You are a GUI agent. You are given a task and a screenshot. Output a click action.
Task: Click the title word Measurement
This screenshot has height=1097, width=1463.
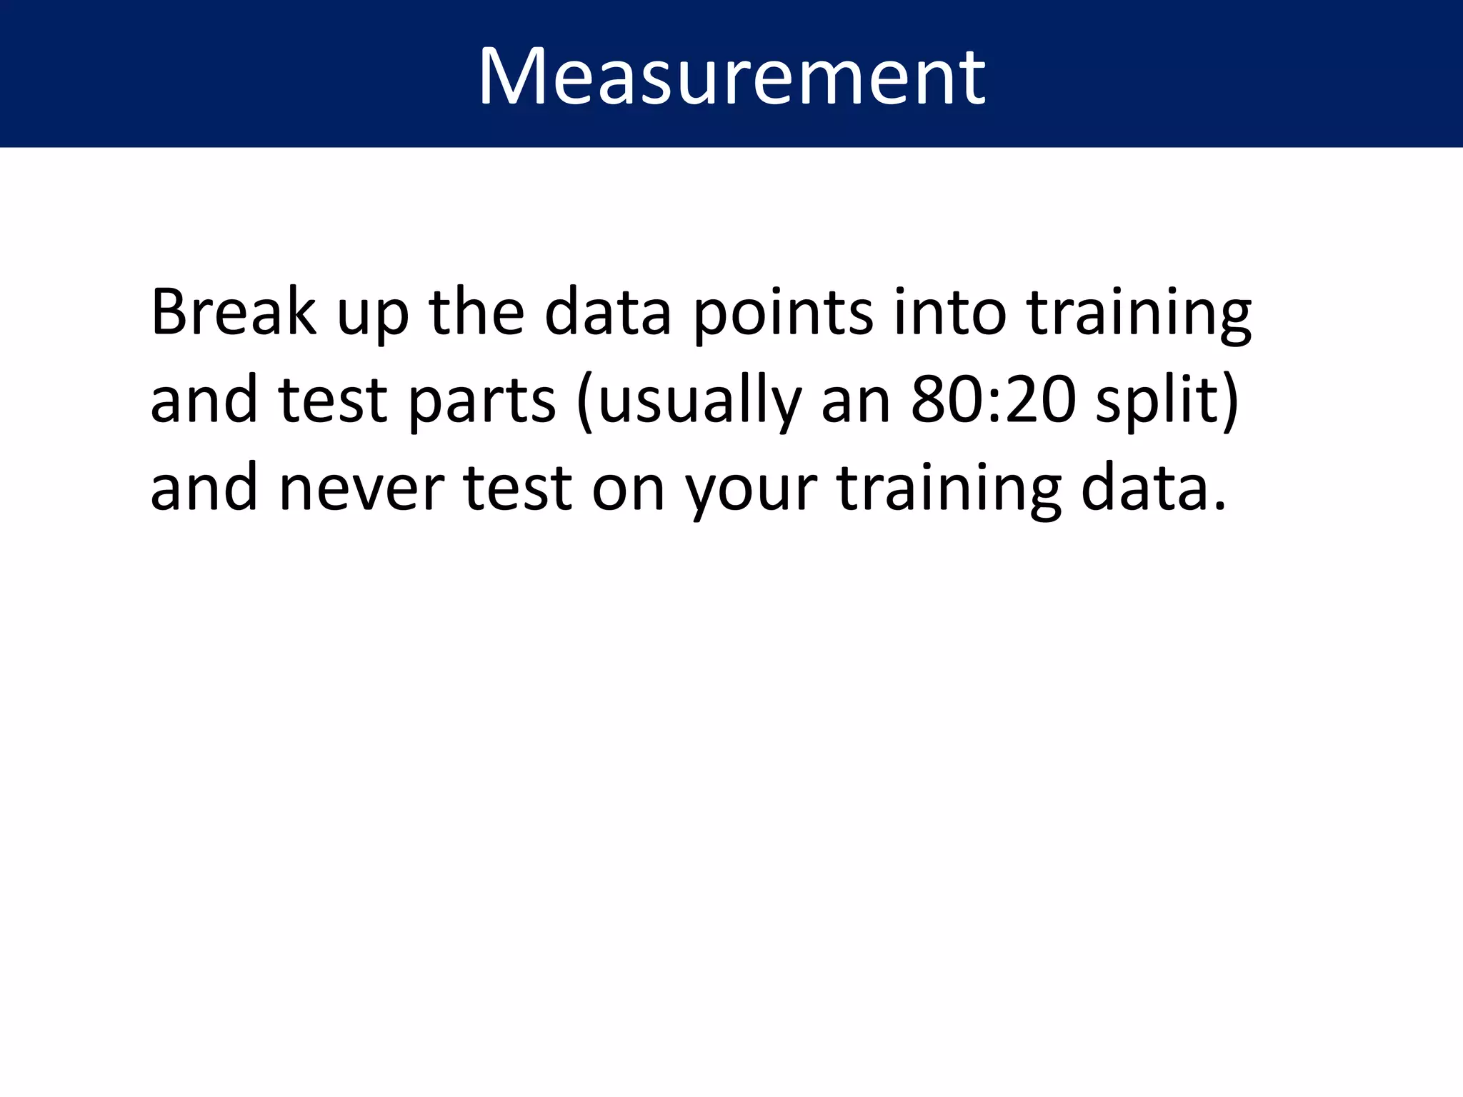731,76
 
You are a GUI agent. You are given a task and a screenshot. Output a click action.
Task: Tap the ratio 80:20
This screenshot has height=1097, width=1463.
993,400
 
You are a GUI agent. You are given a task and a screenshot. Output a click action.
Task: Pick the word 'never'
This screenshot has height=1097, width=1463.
361,489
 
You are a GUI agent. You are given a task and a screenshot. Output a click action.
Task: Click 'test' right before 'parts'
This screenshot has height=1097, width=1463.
333,400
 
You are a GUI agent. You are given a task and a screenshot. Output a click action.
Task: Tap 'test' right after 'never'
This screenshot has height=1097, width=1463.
518,489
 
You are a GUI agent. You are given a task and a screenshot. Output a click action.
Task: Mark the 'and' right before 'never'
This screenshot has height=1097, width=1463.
204,487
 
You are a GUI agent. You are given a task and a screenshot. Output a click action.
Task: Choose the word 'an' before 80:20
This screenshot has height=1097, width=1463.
856,403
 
